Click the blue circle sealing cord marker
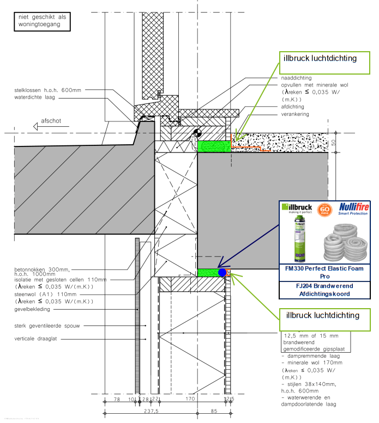coord(222,272)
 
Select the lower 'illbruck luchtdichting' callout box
coord(320,315)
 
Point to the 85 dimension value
coord(214,412)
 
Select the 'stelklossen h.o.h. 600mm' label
coord(47,90)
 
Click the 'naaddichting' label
coord(294,78)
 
